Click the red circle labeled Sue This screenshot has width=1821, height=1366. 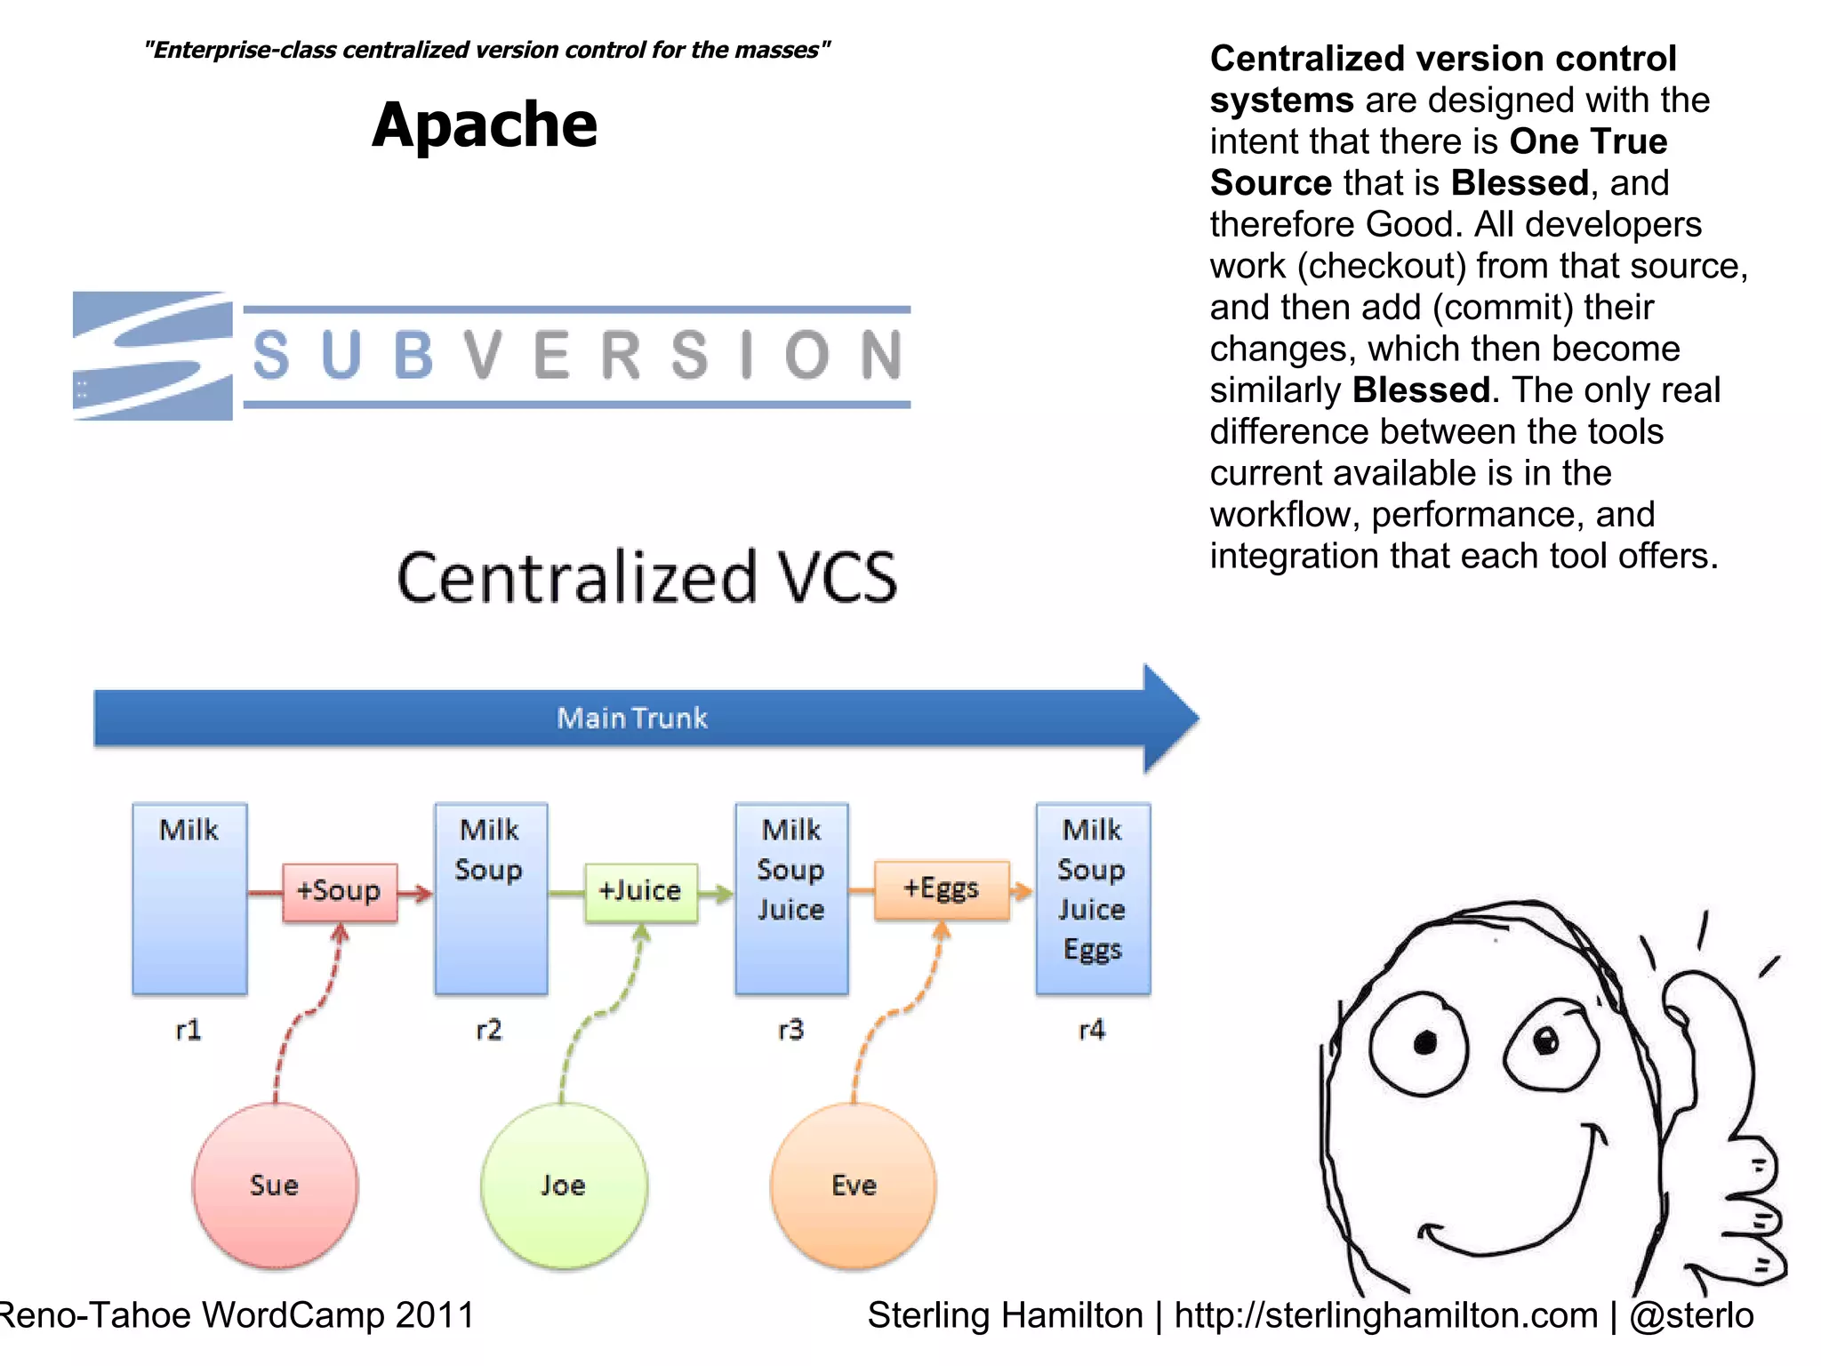coord(275,1185)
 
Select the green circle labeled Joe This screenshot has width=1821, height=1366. coord(564,1185)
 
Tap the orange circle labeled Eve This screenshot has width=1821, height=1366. coord(854,1185)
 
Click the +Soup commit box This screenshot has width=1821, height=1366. coord(340,891)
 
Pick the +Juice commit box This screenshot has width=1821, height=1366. coord(640,891)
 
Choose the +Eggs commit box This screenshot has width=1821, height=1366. coord(942,888)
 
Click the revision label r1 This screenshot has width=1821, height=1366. coord(189,1030)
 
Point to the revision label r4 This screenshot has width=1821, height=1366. coord(1092,1030)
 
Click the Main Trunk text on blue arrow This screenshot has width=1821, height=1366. coord(632,718)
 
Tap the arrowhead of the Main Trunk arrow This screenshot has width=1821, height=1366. coord(1168,718)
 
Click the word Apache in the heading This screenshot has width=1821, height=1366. coord(485,125)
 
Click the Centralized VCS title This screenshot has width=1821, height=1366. coord(646,577)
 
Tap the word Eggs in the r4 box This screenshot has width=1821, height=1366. coord(1093,949)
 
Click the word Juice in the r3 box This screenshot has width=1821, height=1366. coord(790,909)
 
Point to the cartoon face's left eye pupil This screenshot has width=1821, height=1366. coord(1424,1041)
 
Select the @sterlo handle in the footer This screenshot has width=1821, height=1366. coord(1691,1315)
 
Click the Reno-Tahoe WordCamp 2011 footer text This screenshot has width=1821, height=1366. coord(237,1315)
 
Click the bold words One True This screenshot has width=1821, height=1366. coord(1588,141)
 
